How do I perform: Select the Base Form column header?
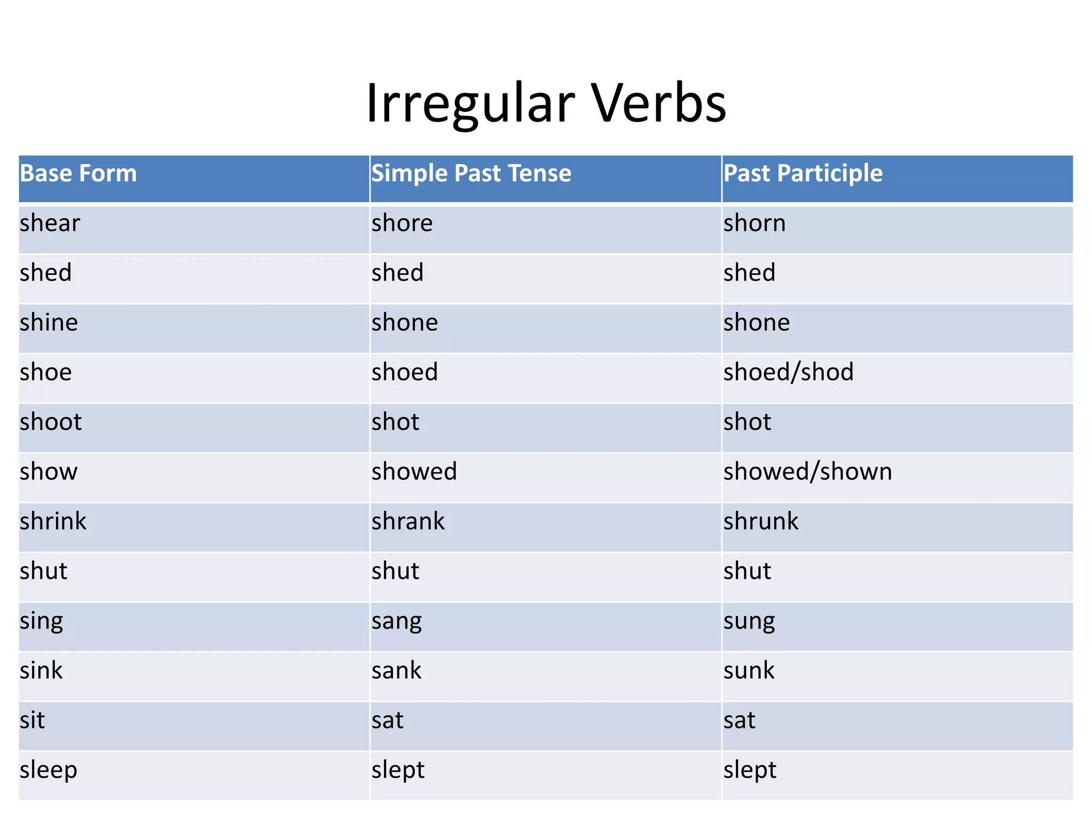pos(78,173)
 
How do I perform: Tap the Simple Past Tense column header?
pos(471,173)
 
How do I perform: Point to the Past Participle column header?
pos(802,173)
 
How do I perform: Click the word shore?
pos(402,223)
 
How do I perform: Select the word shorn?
pos(754,223)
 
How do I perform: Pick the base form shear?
pos(50,223)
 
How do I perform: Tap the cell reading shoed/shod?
pos(788,372)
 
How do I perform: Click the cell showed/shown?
pos(807,471)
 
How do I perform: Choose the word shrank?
pos(408,521)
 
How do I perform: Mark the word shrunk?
pos(761,521)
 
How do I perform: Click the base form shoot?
pos(51,422)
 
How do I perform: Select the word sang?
pos(397,621)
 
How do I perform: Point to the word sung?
pos(749,621)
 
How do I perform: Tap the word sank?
pos(396,670)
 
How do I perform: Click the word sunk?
pos(749,670)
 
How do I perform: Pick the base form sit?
pos(32,720)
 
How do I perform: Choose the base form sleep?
pos(49,770)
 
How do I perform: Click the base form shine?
pos(49,323)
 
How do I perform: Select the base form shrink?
pos(53,521)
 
